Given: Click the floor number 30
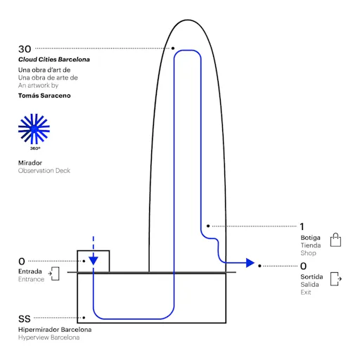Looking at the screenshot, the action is (25, 49).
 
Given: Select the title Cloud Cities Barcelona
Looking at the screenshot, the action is (54, 60).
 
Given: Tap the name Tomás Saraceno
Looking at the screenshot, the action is (44, 96).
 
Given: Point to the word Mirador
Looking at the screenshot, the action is (30, 162).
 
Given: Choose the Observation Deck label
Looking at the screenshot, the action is (44, 171).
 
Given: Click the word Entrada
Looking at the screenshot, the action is (30, 271).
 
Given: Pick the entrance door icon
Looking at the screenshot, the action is (54, 274).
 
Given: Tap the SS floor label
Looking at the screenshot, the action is (25, 319).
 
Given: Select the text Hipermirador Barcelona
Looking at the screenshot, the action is (55, 330).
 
